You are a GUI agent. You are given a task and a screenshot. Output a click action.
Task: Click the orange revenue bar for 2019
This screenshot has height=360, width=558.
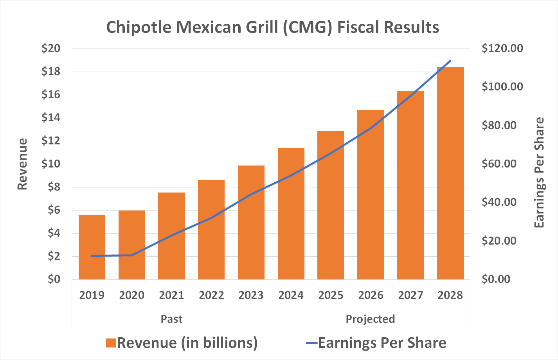(x=92, y=247)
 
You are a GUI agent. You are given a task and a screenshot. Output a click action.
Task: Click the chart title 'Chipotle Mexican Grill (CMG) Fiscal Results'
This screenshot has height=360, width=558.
(x=273, y=27)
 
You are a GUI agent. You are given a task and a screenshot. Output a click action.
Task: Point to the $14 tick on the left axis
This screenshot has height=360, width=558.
(x=51, y=118)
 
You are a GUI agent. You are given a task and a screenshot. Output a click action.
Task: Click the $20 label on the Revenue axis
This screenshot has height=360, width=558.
(x=51, y=49)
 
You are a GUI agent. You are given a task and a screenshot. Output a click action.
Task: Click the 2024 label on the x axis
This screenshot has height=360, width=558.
(x=291, y=295)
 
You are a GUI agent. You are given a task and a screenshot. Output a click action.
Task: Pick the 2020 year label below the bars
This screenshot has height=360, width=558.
(x=131, y=295)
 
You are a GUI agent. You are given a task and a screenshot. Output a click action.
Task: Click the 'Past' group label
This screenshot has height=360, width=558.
(x=171, y=319)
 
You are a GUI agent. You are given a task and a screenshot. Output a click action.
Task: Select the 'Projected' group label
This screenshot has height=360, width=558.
(x=370, y=319)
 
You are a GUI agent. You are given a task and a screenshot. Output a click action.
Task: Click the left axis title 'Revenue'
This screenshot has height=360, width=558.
(x=22, y=164)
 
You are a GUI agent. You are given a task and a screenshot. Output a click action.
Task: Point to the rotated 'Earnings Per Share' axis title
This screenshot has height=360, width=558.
(x=540, y=173)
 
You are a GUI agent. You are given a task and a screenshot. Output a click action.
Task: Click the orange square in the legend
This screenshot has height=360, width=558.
(x=111, y=343)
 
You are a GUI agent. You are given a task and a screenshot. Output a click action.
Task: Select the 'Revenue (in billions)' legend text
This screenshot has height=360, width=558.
(x=187, y=343)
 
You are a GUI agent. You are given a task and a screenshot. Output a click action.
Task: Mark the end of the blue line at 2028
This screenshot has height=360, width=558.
(x=450, y=61)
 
